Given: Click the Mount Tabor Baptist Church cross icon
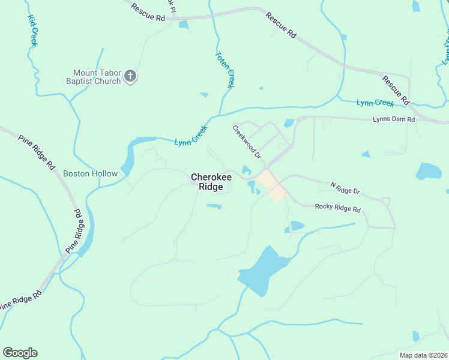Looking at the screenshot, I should coord(131,76).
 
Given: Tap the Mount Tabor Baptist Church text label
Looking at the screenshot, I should coord(97,76).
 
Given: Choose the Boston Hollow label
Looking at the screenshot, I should coord(91,173).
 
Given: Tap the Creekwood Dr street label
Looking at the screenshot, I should coord(247,142).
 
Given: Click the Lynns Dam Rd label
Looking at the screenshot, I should coord(394,119).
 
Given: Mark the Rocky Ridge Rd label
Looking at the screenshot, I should coord(338,207).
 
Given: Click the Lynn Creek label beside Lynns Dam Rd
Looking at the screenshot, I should coord(376,103).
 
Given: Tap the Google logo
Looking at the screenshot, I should coord(20,353).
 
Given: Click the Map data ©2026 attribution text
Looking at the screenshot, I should coord(423,355).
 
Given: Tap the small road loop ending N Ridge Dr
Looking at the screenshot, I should coord(385,201).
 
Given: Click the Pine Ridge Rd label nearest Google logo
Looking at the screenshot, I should coord(21,301).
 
